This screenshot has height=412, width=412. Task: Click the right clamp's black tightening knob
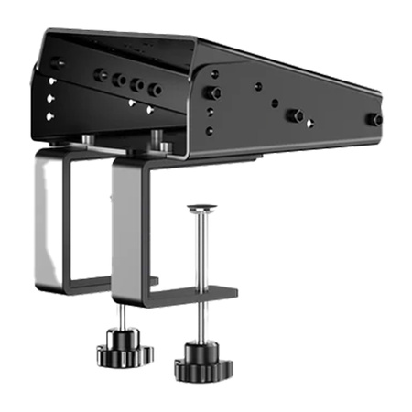202,362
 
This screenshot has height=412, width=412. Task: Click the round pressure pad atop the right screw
202,208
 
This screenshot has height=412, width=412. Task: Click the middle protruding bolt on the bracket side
295,115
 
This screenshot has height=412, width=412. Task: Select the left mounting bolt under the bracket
84,138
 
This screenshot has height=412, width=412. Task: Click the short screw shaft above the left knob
122,320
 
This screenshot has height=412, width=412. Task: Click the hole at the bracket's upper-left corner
57,62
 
